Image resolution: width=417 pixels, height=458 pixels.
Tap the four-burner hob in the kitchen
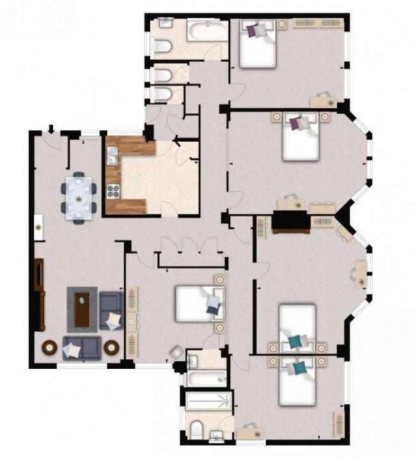click(x=114, y=190)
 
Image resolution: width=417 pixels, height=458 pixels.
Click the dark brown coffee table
click(x=82, y=308)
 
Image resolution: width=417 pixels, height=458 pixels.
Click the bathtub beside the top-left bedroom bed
click(x=207, y=30)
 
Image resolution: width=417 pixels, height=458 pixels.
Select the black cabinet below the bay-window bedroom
click(x=291, y=222)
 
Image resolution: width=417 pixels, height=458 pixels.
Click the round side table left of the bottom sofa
click(x=49, y=347)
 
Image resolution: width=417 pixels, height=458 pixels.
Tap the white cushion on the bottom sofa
click(x=72, y=349)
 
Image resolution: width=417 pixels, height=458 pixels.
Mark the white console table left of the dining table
click(x=38, y=227)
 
